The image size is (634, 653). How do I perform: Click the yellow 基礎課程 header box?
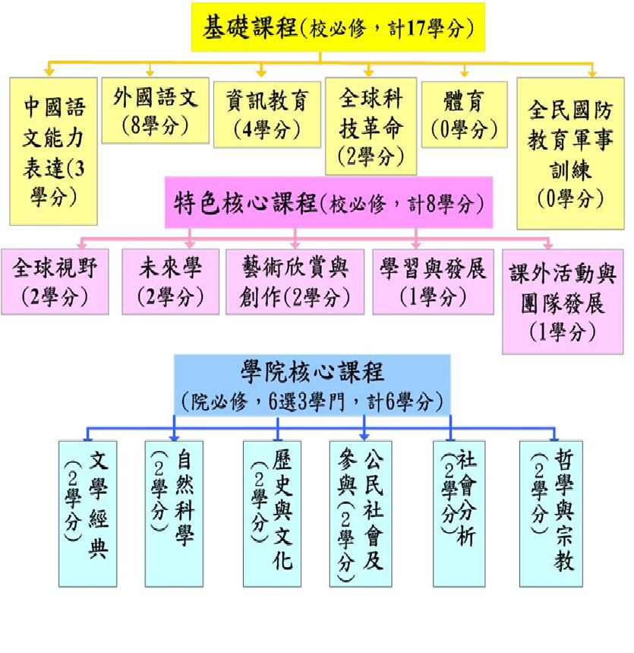pos(338,27)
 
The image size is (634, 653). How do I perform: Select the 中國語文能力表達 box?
pos(54,151)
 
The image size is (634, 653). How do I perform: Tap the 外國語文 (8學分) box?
pos(156,110)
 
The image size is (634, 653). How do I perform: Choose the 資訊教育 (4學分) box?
pos(267,115)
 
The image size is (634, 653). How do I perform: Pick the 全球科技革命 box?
pos(371,125)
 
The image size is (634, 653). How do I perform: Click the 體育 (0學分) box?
pos(464,115)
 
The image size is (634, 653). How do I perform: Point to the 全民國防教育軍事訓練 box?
pos(570,154)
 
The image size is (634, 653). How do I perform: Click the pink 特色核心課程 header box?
pos(329,202)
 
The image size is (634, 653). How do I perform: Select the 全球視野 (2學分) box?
pos(55,282)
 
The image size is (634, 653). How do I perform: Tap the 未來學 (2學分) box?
pos(171,282)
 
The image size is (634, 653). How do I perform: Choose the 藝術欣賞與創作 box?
pos(295,282)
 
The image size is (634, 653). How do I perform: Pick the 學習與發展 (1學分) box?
pos(433,282)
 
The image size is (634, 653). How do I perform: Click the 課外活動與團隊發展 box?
pos(563,302)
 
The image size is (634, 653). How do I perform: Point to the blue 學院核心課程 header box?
pos(312,385)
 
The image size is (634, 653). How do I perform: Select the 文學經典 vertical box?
pos(88,514)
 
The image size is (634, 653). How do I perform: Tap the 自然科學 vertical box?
pos(174,514)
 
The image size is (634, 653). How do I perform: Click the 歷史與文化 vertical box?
pos(272,514)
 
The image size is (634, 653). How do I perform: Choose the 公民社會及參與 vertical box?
pos(361,514)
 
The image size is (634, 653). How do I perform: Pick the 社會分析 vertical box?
pos(459,514)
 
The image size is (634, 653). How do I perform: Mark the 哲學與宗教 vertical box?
pos(550,514)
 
